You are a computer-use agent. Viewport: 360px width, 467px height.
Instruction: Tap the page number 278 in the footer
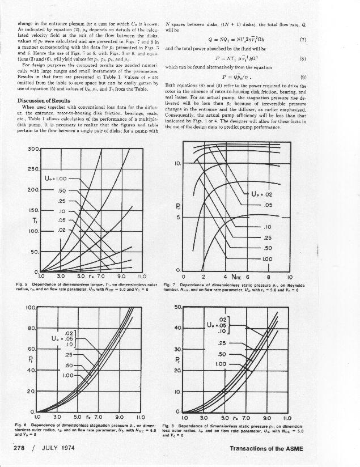[x=22, y=449]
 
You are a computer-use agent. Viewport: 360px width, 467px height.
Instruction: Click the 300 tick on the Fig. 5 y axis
[x=33, y=149]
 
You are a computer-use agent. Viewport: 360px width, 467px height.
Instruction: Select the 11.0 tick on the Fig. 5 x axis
[x=143, y=276]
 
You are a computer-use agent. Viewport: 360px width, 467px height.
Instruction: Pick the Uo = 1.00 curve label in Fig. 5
[x=60, y=179]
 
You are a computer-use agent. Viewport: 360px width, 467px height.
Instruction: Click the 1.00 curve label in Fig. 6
[x=69, y=375]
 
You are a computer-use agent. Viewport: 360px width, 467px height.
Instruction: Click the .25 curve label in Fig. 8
[x=222, y=343]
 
